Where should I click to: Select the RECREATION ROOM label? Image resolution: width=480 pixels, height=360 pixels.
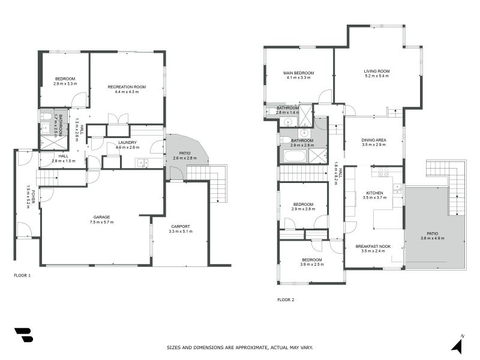127,87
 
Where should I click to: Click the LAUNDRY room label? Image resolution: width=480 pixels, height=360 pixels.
127,142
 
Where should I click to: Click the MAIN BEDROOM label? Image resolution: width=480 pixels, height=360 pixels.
299,73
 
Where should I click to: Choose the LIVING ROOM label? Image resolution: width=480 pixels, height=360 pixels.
376,71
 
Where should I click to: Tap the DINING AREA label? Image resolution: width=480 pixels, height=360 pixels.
374,140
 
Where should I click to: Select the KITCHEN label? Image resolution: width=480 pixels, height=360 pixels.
374,193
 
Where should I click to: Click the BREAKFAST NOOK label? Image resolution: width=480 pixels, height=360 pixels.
373,246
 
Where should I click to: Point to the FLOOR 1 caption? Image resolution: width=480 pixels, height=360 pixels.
22,275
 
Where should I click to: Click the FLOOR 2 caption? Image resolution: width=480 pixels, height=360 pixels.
285,299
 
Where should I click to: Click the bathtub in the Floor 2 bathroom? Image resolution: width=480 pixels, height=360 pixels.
294,157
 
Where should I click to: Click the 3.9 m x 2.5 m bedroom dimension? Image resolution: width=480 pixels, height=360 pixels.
311,265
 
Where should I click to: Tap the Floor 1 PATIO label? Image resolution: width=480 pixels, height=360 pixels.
181,153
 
